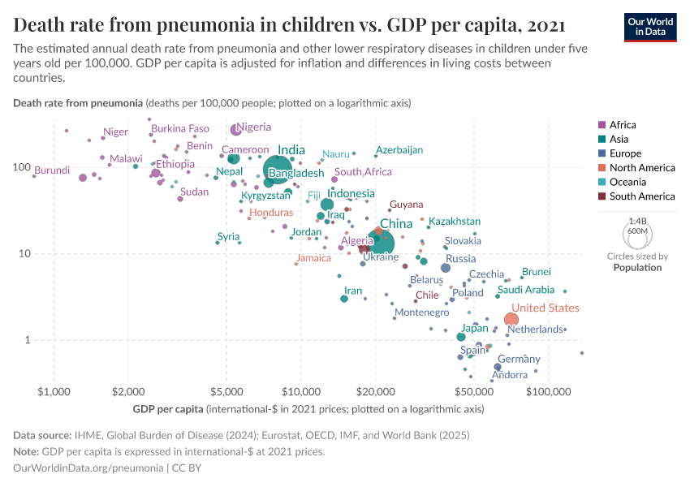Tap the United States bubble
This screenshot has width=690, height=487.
point(511,320)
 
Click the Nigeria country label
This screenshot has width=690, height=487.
point(253,127)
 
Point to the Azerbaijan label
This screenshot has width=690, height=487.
point(399,150)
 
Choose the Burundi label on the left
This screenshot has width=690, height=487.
point(52,171)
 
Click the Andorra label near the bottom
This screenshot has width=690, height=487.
point(510,374)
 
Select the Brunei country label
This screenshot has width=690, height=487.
point(536,272)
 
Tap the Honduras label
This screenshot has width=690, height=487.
point(271,212)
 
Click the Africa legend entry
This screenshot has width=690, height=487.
point(623,125)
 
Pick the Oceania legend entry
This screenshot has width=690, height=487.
point(627,182)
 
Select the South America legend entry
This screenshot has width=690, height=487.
point(641,196)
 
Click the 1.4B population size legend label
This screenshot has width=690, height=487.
point(637,222)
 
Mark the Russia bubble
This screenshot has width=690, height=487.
point(445,268)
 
